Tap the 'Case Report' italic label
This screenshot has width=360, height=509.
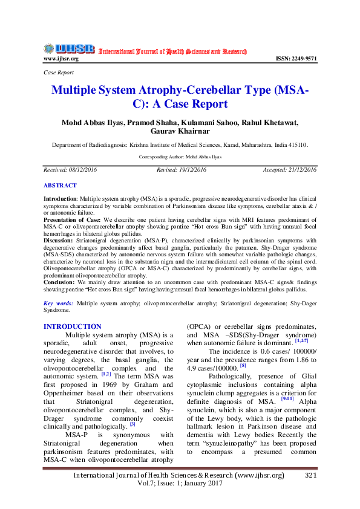[x=59, y=72]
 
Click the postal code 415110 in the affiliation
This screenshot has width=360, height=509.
[x=297, y=146]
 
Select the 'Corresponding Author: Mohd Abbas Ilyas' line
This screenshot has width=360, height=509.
[x=180, y=156]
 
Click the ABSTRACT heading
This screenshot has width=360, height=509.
[x=60, y=186]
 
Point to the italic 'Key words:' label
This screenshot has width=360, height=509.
[x=59, y=303]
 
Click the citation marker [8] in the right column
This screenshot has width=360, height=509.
[x=243, y=365]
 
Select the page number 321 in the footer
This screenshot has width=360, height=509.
[x=311, y=476]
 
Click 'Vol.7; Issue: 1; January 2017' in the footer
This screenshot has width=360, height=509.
[x=179, y=484]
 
